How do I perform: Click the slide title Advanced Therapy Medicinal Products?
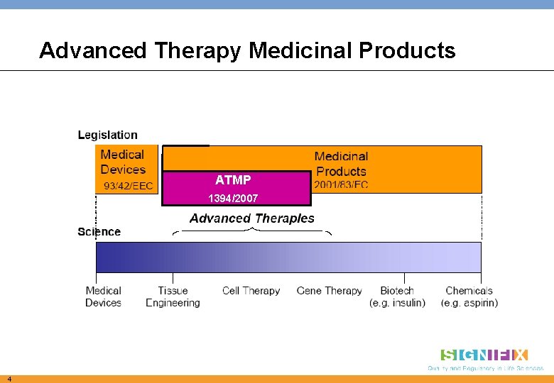tap(247, 50)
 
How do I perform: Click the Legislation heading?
tap(108, 135)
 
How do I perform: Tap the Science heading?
tap(99, 232)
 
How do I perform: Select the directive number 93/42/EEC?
tap(128, 186)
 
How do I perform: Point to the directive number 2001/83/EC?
tap(341, 185)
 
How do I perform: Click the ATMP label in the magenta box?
tap(233, 181)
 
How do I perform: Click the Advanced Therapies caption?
tap(251, 218)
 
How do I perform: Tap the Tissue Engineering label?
tap(173, 296)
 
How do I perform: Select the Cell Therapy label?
tap(251, 291)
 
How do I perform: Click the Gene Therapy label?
tap(329, 291)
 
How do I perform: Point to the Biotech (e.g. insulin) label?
tap(397, 296)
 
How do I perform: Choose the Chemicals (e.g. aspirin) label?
tap(469, 296)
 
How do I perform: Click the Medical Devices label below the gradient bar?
tap(104, 296)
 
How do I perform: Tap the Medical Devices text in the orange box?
tap(123, 162)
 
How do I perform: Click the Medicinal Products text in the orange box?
tap(341, 163)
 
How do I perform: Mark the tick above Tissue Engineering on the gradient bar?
tap(173, 278)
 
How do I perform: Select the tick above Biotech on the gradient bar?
tap(405, 278)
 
